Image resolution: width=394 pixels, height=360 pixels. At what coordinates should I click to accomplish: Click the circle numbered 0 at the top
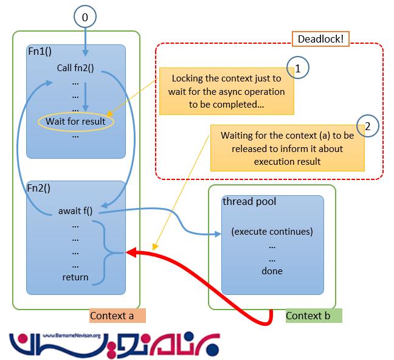tap(85, 18)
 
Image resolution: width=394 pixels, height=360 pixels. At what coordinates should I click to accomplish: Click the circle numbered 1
tap(299, 69)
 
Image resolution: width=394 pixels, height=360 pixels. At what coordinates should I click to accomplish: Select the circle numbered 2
tap(367, 126)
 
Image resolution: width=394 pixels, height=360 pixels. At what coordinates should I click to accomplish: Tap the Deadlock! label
tap(320, 39)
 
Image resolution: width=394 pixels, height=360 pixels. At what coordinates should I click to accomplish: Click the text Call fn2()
tap(75, 67)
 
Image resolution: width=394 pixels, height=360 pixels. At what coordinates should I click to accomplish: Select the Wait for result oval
tap(75, 121)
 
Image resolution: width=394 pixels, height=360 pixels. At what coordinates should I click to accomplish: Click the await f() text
tap(77, 212)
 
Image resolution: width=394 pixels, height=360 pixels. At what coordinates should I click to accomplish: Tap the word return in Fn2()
tap(75, 277)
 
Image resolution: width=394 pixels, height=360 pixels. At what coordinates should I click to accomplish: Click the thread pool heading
tap(249, 201)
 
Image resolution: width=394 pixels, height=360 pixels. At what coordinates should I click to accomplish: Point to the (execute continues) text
tap(272, 232)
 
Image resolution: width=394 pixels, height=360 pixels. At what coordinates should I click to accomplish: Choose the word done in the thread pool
tap(272, 271)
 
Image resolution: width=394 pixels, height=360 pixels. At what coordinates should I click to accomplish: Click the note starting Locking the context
tap(226, 91)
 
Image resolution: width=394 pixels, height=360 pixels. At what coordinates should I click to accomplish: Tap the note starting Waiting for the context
tap(287, 148)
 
